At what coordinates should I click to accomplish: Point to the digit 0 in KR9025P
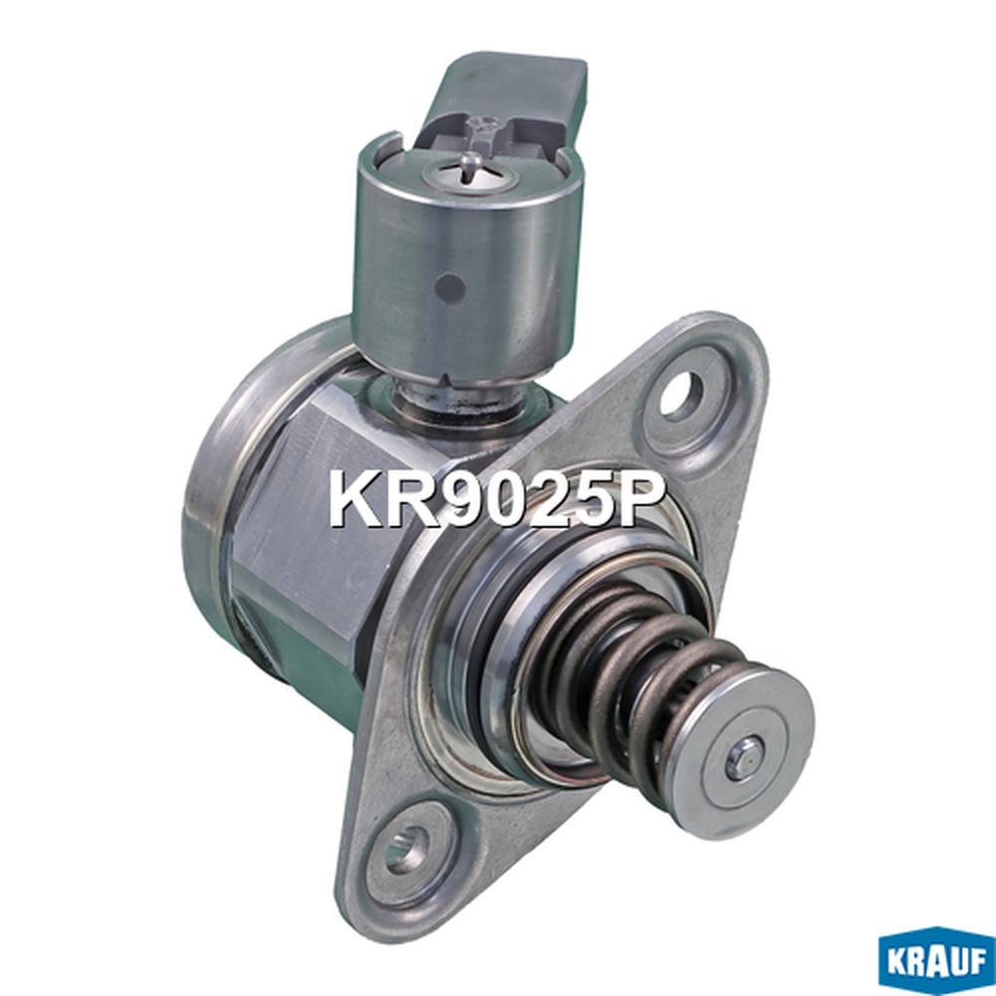[x=503, y=499]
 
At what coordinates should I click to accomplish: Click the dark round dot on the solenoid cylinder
[x=451, y=289]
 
